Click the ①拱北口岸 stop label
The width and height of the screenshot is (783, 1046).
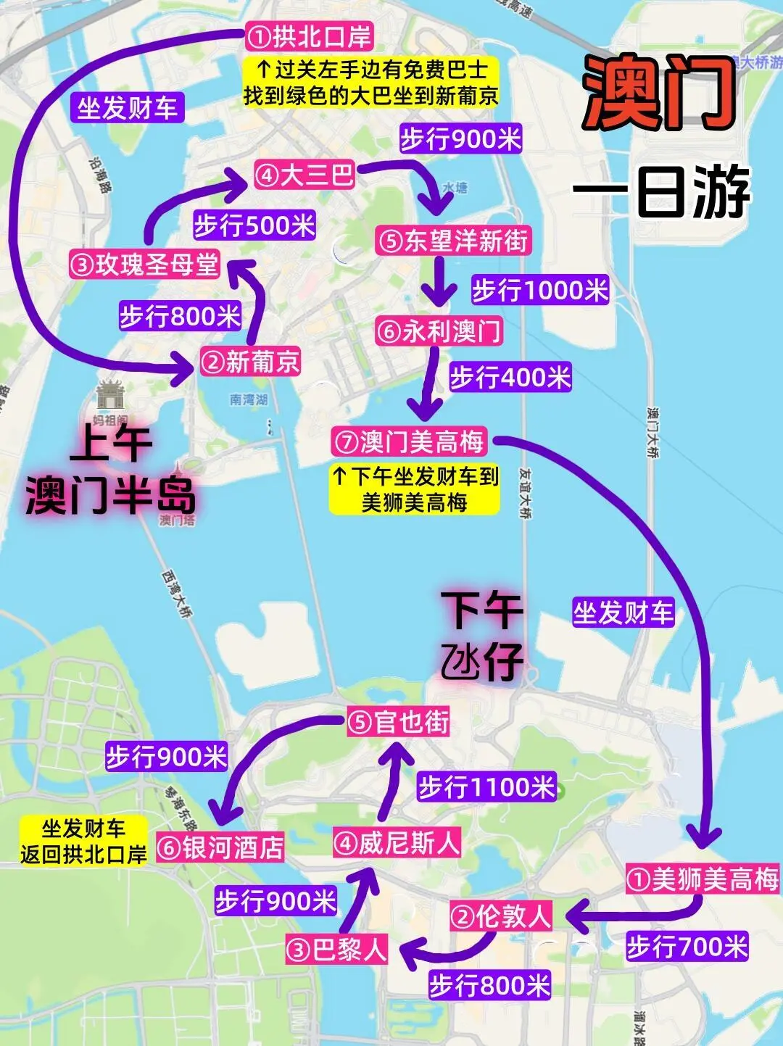(309, 36)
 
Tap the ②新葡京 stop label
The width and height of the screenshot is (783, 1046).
(251, 361)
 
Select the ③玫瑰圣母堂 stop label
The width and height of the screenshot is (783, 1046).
(144, 265)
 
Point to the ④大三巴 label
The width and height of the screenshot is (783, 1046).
(304, 175)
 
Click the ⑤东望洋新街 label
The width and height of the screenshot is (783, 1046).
(453, 241)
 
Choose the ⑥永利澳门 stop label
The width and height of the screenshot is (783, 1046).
(439, 331)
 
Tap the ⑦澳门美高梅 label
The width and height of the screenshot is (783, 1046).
(410, 441)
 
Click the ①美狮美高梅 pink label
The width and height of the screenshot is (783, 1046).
(702, 879)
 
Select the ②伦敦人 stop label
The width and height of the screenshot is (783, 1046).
(501, 916)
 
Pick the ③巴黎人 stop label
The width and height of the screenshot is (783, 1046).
(336, 950)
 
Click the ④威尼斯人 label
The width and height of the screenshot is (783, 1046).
(397, 843)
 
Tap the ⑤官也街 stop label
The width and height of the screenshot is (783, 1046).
(398, 722)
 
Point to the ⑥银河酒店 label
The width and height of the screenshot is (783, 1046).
(220, 847)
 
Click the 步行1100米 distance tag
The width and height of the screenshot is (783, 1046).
(486, 786)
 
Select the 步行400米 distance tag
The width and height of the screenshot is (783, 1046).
(510, 378)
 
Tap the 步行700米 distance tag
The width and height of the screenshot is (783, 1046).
(687, 947)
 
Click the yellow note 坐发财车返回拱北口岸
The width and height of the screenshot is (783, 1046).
(83, 841)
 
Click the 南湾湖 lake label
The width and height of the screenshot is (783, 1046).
(249, 399)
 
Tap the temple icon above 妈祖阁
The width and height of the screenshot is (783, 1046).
(110, 397)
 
